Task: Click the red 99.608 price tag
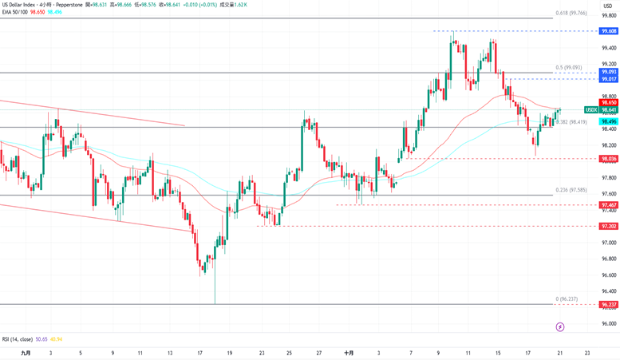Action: click(609, 30)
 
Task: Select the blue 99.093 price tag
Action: click(609, 72)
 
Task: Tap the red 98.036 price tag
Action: click(609, 158)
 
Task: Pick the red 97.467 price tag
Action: click(609, 205)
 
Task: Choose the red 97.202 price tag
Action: click(609, 226)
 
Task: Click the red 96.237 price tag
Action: click(609, 304)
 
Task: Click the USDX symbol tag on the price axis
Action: click(591, 110)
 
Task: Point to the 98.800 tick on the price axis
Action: click(610, 96)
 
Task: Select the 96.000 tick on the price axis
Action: click(610, 323)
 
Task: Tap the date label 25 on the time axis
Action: click(288, 352)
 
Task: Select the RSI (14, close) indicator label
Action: click(21, 339)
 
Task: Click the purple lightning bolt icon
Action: click(560, 326)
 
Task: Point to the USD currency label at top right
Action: click(608, 6)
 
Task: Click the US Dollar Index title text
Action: click(25, 5)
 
